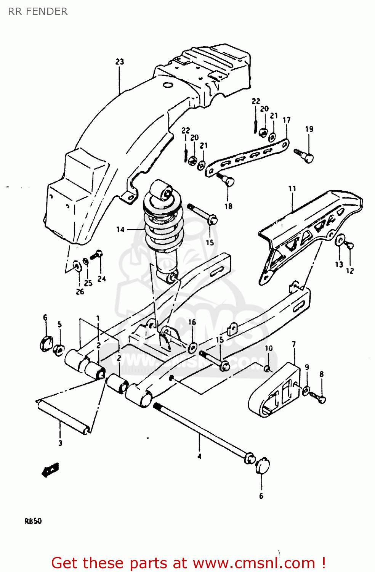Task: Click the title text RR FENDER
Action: (38, 11)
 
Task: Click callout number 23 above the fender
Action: (120, 62)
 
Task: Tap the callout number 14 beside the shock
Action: (120, 229)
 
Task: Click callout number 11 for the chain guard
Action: (292, 189)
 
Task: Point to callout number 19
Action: (309, 129)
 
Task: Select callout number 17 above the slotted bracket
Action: (287, 120)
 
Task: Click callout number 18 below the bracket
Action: (228, 206)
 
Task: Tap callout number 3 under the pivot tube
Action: (60, 443)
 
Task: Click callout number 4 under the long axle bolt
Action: (199, 456)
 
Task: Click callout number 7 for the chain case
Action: (294, 344)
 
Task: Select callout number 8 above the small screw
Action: (322, 374)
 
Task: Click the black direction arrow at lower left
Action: (50, 469)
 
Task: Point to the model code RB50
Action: (33, 521)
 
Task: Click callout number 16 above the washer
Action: (192, 322)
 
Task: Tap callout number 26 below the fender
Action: (80, 292)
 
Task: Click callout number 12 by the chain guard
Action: (350, 271)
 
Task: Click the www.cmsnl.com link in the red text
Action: (254, 563)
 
